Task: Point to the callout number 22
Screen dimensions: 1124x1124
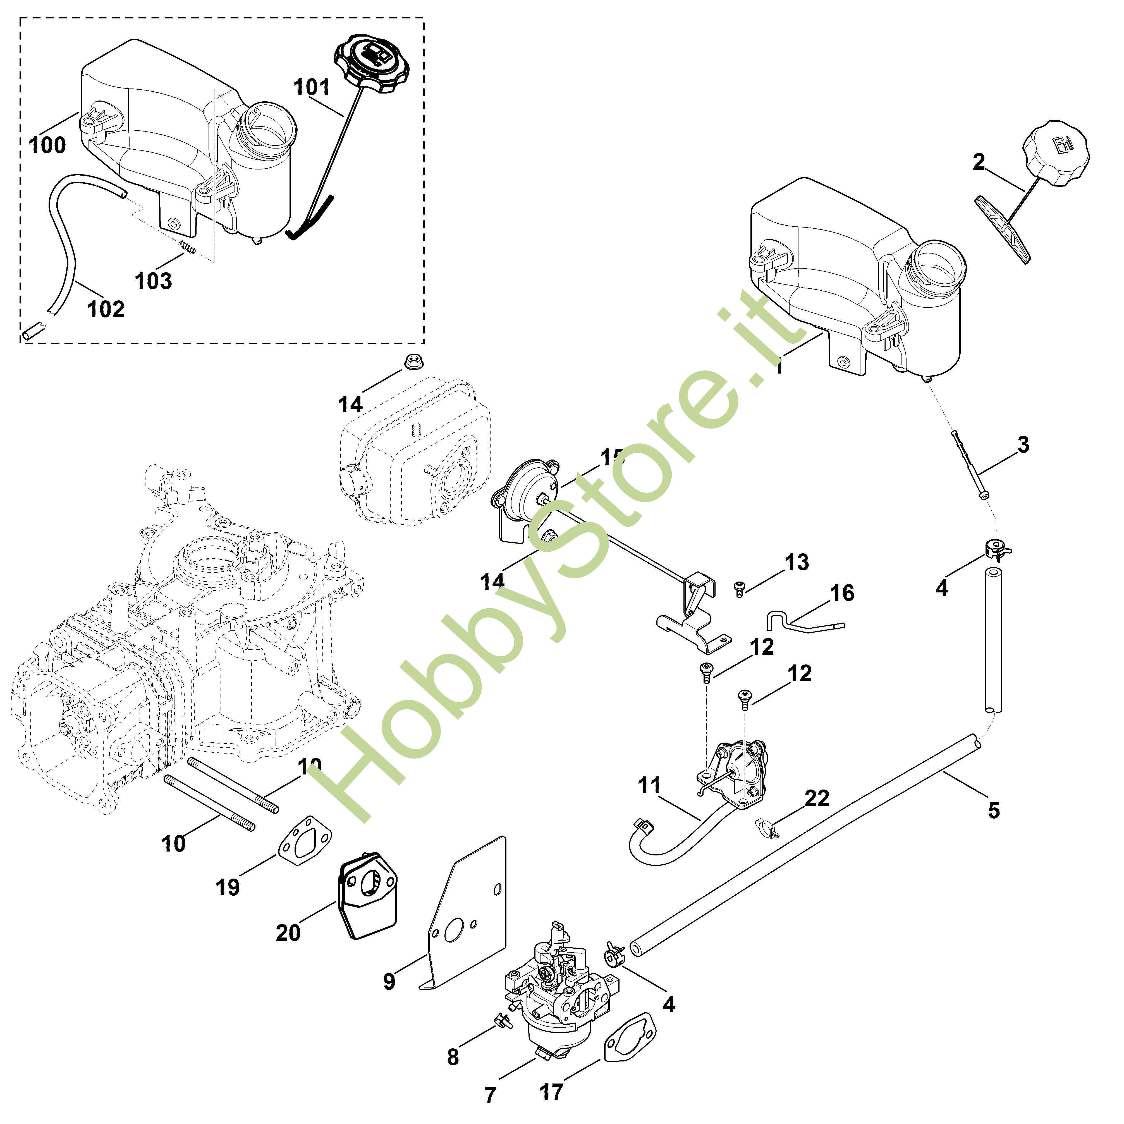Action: pos(817,798)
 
